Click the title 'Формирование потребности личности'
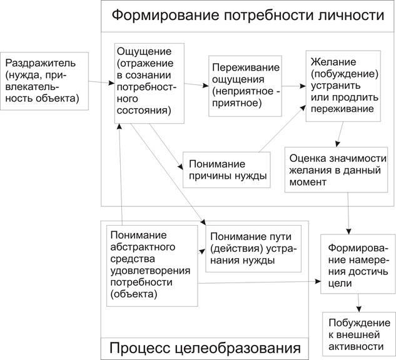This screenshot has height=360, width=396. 248,15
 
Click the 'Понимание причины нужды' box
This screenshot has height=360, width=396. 226,169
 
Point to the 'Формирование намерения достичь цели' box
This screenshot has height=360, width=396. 357,264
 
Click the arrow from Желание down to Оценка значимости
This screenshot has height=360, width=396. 338,134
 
